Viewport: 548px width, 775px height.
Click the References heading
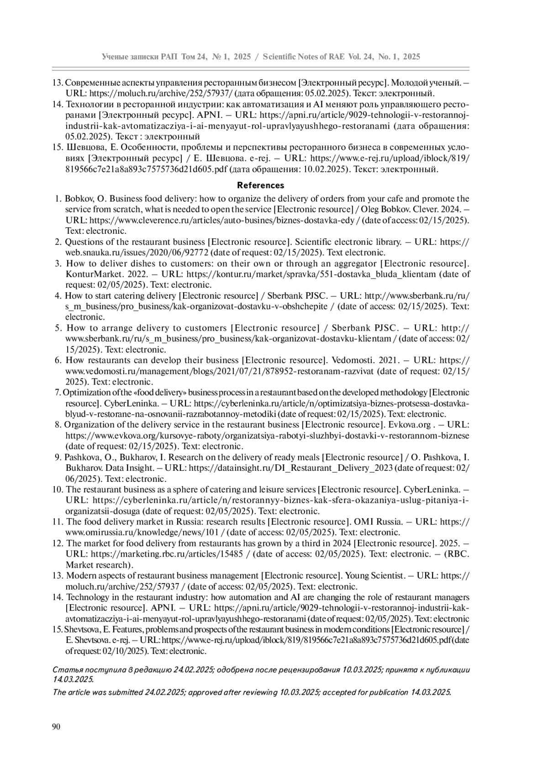point(261,185)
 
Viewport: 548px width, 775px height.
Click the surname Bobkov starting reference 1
point(79,199)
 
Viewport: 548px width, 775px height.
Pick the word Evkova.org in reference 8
point(409,425)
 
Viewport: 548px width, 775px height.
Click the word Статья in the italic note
point(67,670)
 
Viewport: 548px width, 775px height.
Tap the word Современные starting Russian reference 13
point(91,83)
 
